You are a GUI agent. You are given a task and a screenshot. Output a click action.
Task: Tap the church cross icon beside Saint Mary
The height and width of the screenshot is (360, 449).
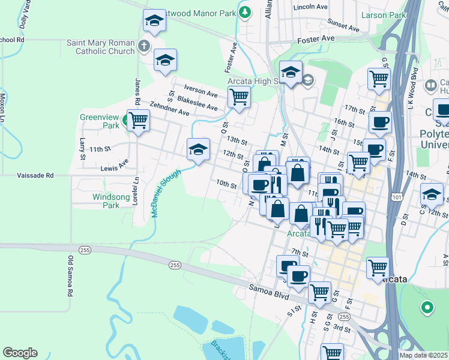[x=143, y=46]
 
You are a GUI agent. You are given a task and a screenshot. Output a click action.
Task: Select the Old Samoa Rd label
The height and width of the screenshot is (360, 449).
[x=70, y=277]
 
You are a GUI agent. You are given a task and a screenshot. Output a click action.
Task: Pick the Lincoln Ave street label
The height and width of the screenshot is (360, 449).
[x=310, y=7]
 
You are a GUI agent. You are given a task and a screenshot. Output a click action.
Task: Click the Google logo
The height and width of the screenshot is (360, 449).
[x=20, y=352]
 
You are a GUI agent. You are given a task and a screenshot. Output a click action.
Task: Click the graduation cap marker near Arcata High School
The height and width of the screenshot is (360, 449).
[x=291, y=73]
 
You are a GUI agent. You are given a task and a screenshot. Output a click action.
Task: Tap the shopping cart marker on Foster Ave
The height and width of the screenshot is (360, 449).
[x=239, y=97]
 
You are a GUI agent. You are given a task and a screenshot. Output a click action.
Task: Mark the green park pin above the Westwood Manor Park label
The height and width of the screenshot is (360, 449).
[x=244, y=11]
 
